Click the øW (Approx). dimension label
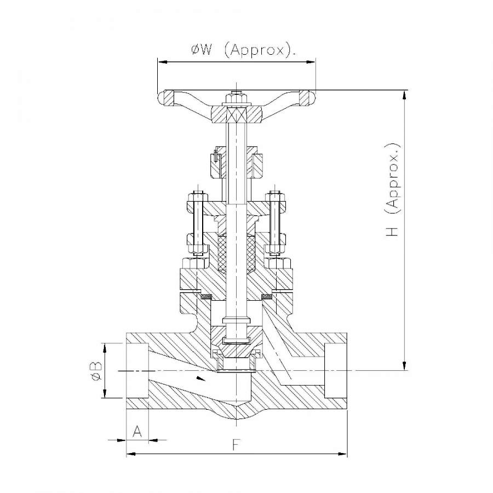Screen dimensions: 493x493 coord(243,51)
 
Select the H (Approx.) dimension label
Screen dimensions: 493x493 coord(393,191)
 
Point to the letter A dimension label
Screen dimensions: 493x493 coord(137,432)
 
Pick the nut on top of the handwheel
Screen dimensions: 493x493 coord(236,99)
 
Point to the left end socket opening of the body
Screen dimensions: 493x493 coord(137,371)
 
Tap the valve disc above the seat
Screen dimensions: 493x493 coord(236,351)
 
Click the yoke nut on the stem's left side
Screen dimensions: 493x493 coord(215,163)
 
